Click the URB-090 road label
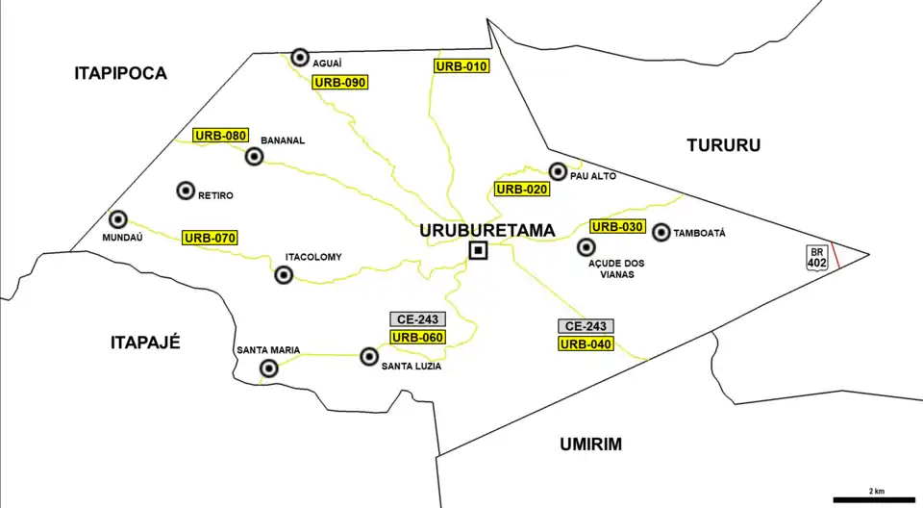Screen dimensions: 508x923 tap(341, 83)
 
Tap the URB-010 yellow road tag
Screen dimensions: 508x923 tap(462, 66)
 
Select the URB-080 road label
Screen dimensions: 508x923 tap(220, 136)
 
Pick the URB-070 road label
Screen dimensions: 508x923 tap(211, 237)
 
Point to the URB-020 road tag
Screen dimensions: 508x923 tap(522, 189)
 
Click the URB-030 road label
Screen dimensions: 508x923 tap(617, 227)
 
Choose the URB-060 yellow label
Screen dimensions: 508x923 tap(418, 337)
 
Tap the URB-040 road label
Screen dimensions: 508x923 tap(586, 343)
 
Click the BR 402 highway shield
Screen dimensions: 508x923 tap(817, 257)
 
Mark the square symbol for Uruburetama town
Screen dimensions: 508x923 tap(478, 251)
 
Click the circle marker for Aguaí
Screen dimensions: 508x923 tap(300, 57)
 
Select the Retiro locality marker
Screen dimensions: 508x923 tap(186, 190)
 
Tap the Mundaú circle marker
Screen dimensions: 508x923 tap(118, 219)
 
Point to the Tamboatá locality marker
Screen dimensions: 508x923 tap(661, 232)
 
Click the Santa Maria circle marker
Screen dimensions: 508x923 tap(269, 368)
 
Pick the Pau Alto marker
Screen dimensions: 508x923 tap(558, 171)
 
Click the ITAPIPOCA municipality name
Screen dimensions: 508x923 tap(120, 73)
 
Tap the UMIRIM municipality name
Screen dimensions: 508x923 tap(590, 444)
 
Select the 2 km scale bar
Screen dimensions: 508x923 tap(875, 499)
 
